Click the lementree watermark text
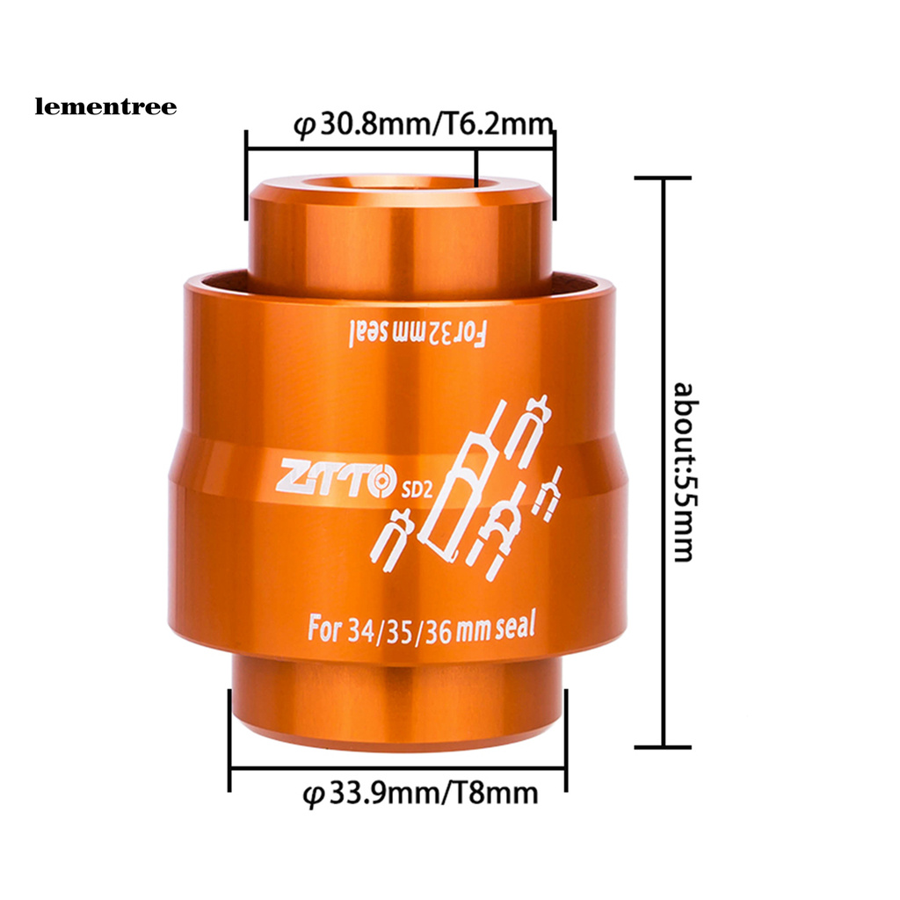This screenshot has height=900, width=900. point(105,107)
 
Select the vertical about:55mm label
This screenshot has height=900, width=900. point(684,472)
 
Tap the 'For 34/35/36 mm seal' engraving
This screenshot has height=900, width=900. point(421,629)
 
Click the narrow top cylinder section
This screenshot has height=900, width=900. point(400,233)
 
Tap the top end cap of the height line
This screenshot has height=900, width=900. point(663,178)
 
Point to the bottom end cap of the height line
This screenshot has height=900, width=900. point(663,747)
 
